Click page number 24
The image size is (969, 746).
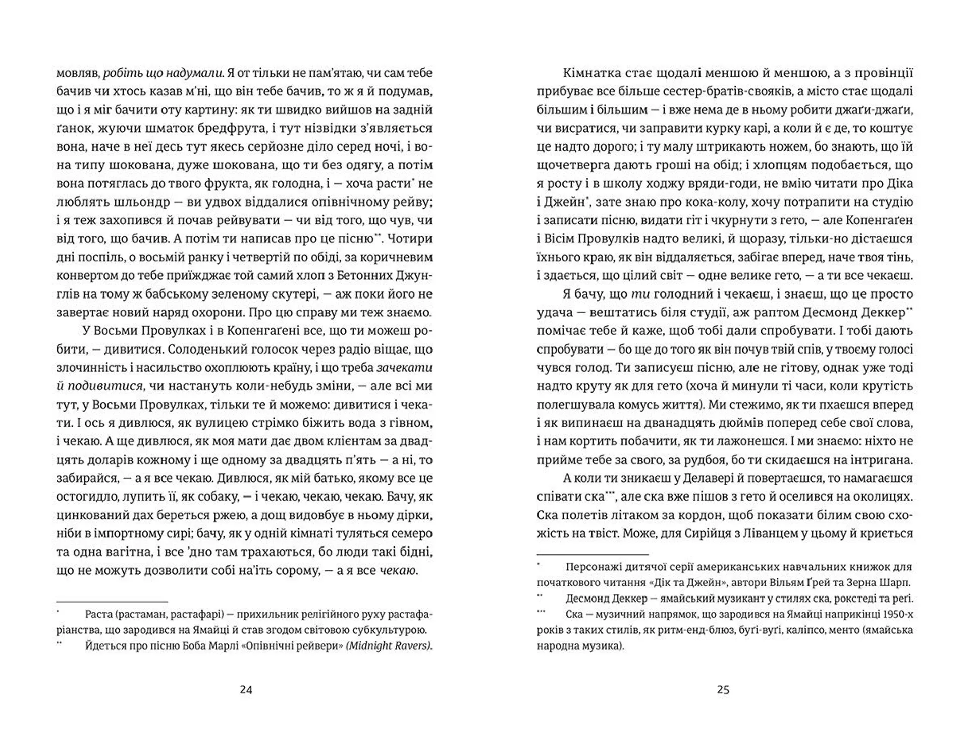coord(246,689)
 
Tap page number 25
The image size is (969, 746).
coord(723,689)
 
